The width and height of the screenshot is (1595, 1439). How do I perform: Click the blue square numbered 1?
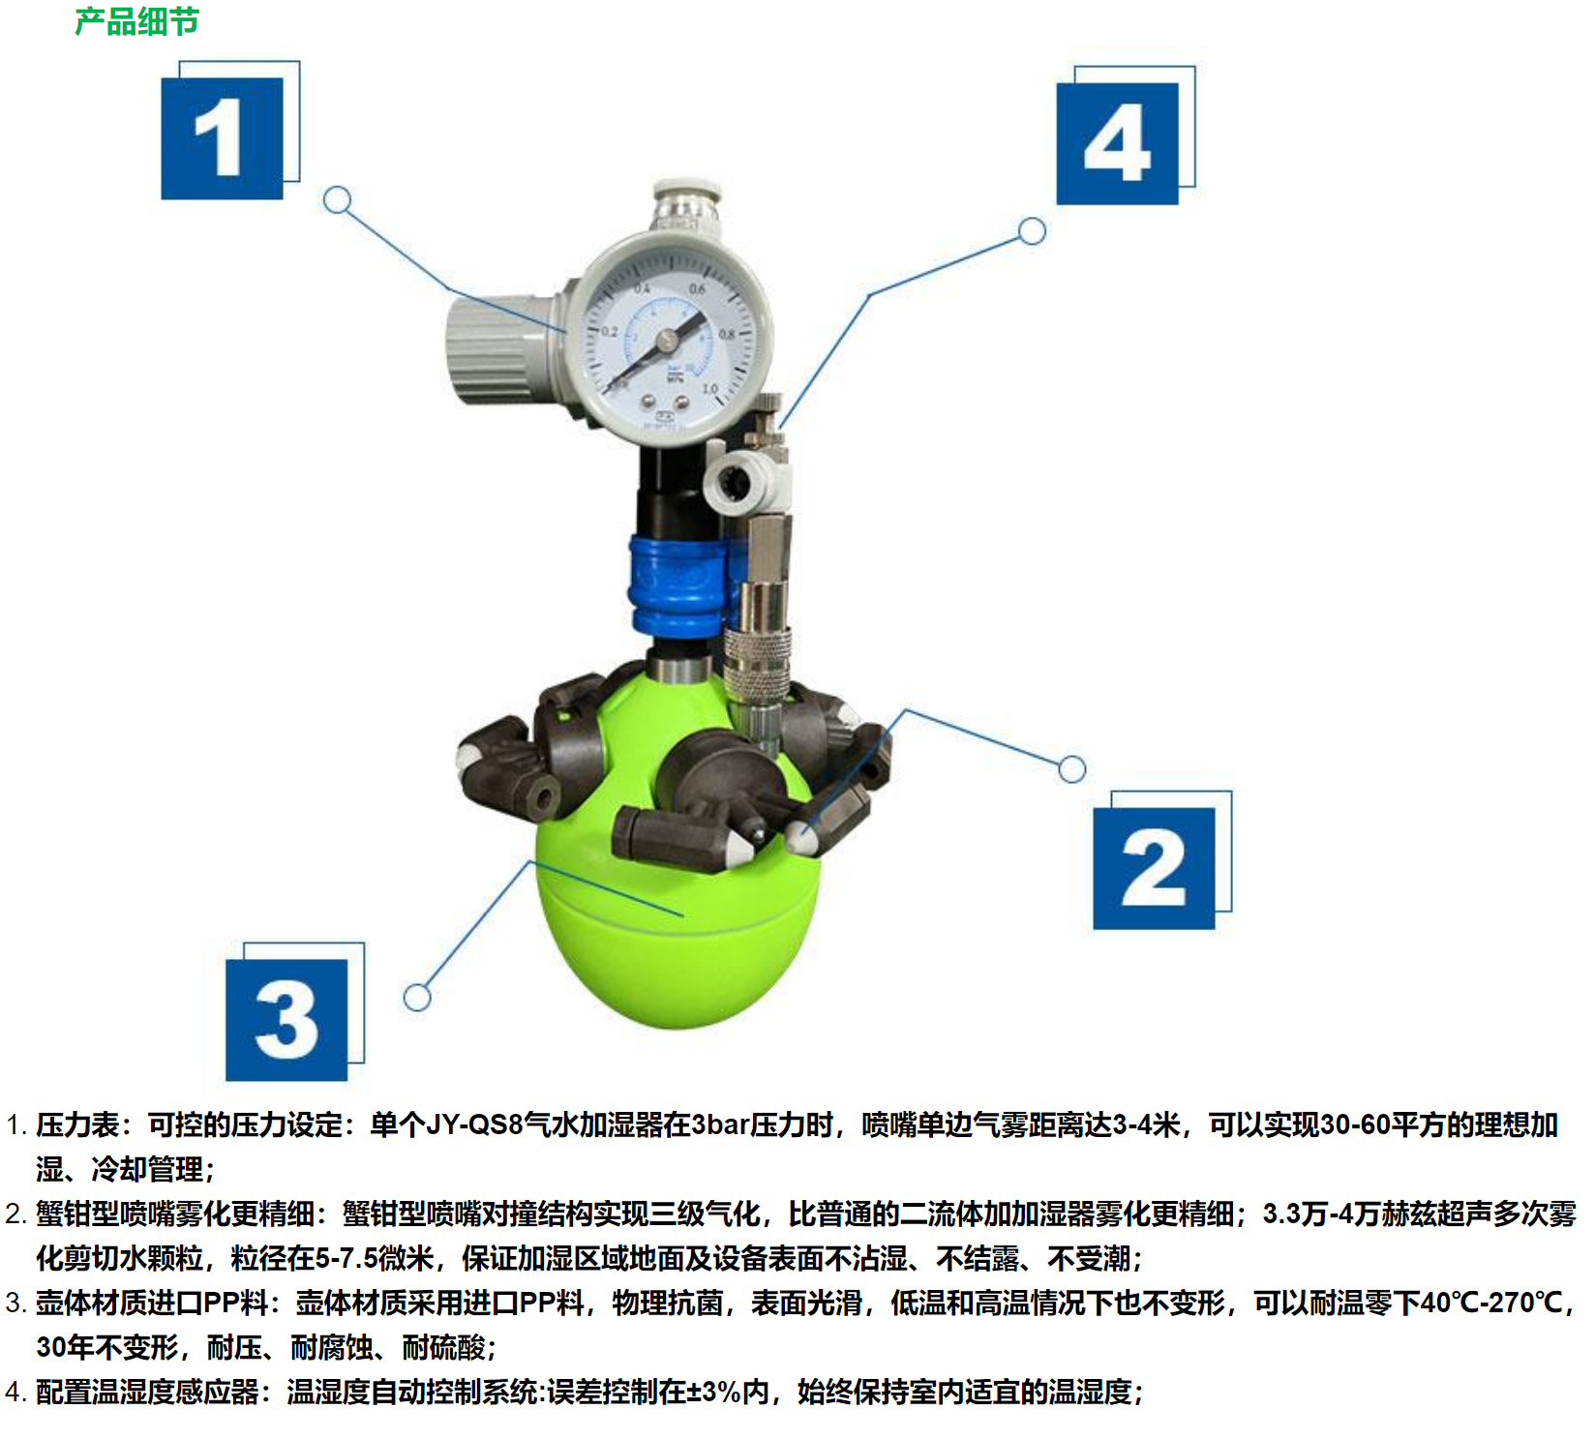pyautogui.click(x=222, y=138)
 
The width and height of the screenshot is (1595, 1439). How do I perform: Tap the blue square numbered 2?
pyautogui.click(x=1154, y=868)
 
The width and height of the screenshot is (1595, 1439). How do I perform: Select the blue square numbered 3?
pyautogui.click(x=286, y=1020)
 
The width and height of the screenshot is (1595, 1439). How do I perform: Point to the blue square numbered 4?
pyautogui.click(x=1117, y=143)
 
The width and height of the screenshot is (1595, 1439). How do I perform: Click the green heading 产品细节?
pyautogui.click(x=136, y=21)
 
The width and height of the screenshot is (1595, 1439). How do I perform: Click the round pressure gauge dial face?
pyautogui.click(x=667, y=340)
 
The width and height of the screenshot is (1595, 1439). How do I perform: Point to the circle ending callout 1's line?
pyautogui.click(x=337, y=200)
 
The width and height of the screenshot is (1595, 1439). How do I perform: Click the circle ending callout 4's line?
pyautogui.click(x=1033, y=231)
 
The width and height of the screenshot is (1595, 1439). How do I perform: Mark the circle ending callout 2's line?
pyautogui.click(x=1071, y=769)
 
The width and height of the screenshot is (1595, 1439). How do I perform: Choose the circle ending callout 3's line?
pyautogui.click(x=417, y=998)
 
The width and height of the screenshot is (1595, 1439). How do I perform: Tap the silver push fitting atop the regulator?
pyautogui.click(x=686, y=204)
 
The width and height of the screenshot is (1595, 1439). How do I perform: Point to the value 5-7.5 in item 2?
pyautogui.click(x=346, y=1258)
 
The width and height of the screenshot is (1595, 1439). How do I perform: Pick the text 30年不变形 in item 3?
pyautogui.click(x=106, y=1347)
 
